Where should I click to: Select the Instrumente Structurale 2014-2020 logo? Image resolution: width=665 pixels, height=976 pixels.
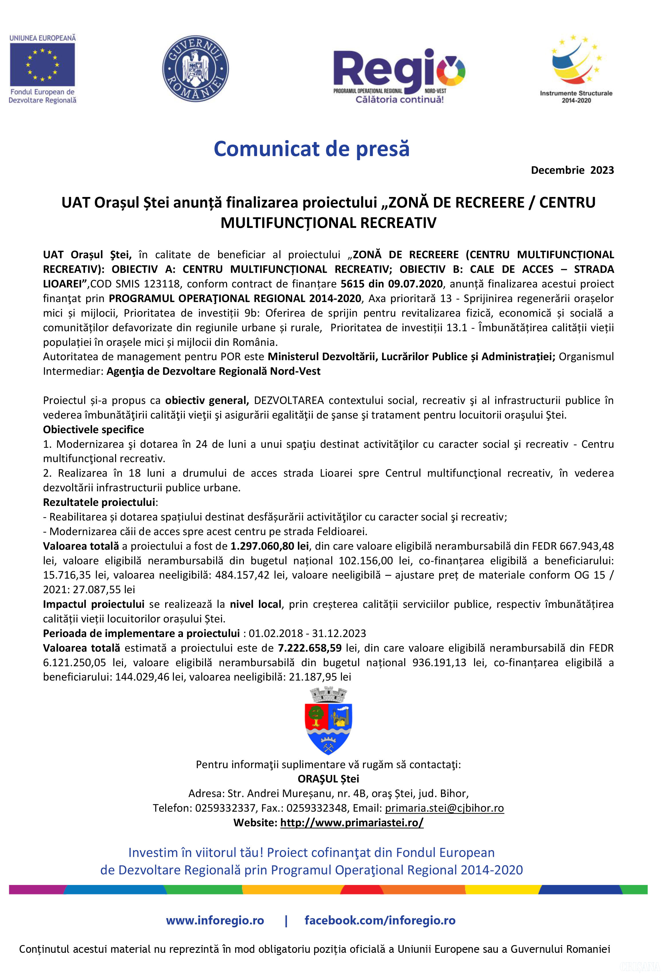(576, 69)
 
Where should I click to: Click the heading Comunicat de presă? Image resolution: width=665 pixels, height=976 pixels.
(311, 149)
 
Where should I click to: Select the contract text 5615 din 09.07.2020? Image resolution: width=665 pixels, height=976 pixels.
(391, 284)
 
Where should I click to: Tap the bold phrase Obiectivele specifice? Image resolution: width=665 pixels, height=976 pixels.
(93, 430)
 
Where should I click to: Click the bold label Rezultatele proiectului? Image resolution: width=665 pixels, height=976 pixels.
(99, 502)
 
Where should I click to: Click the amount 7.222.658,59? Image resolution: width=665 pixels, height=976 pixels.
(310, 648)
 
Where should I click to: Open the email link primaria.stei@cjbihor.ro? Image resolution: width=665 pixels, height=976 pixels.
(444, 808)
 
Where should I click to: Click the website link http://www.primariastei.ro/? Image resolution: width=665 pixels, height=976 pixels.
(352, 823)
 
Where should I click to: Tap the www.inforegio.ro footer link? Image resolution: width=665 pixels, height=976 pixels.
(215, 920)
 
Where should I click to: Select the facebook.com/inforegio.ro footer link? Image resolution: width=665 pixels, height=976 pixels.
(380, 920)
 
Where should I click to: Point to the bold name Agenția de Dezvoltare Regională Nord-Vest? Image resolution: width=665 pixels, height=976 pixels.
(213, 371)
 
